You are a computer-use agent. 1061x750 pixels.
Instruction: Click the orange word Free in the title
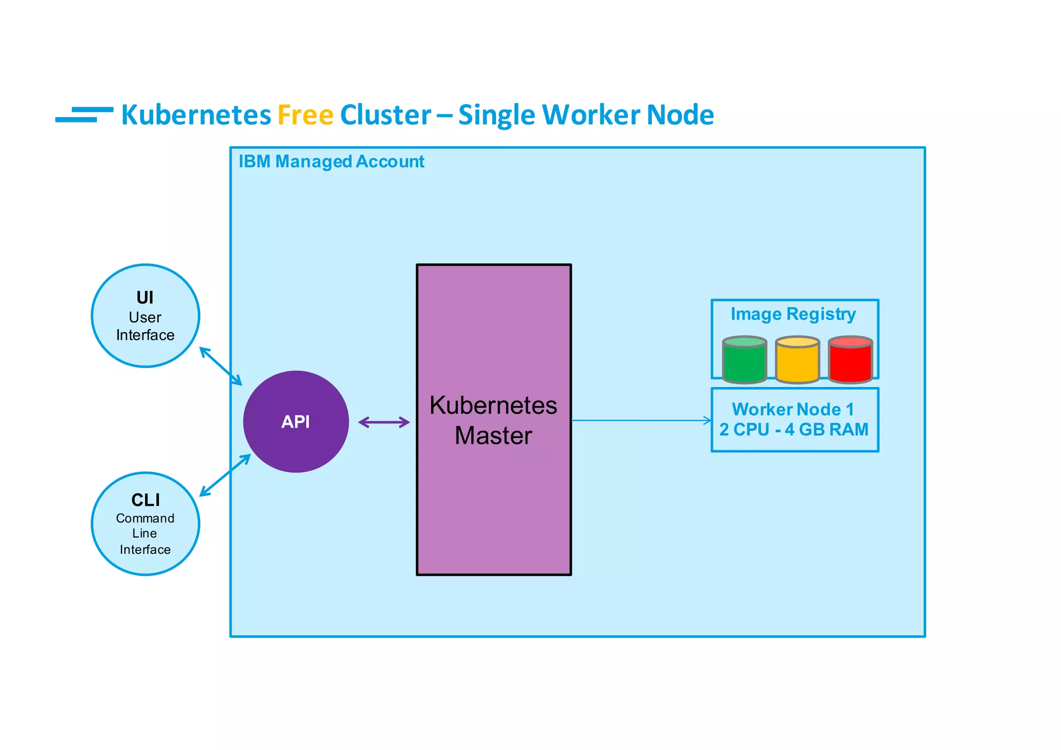point(305,115)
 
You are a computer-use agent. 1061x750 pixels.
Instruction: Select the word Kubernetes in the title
point(196,115)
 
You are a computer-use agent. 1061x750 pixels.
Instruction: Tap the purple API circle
point(296,421)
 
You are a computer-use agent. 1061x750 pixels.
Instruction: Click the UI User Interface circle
point(145,316)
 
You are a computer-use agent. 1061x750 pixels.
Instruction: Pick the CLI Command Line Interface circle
point(145,523)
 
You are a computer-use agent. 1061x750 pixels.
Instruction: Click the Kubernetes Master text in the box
point(493,420)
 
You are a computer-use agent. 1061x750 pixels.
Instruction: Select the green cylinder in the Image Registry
point(744,360)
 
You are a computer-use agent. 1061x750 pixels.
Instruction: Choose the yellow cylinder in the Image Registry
point(797,360)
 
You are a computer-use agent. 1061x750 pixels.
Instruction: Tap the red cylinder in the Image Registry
point(850,360)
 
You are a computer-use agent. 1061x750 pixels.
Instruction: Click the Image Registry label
point(793,314)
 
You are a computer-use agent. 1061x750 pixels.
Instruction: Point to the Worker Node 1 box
point(795,420)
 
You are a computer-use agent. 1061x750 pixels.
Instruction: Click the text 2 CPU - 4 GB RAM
point(794,430)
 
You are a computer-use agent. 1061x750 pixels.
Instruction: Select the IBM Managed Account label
point(331,162)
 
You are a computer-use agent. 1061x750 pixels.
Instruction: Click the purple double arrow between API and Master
point(384,422)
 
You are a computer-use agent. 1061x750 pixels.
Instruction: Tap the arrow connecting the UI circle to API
point(221,366)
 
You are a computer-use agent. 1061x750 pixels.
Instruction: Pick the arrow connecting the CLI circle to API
point(225,475)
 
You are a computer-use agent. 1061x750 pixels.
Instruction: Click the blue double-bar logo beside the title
point(84,115)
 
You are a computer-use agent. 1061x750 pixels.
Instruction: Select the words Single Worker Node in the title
point(586,115)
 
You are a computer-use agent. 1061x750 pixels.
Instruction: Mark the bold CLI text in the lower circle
point(146,500)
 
